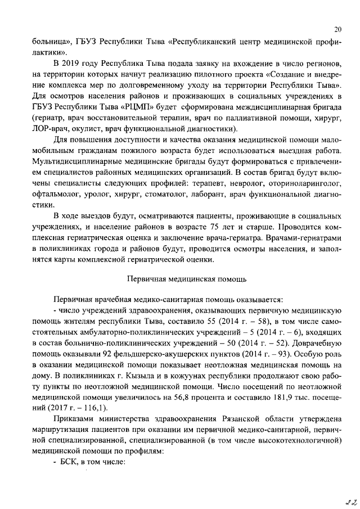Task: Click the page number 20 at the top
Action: coord(337,30)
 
